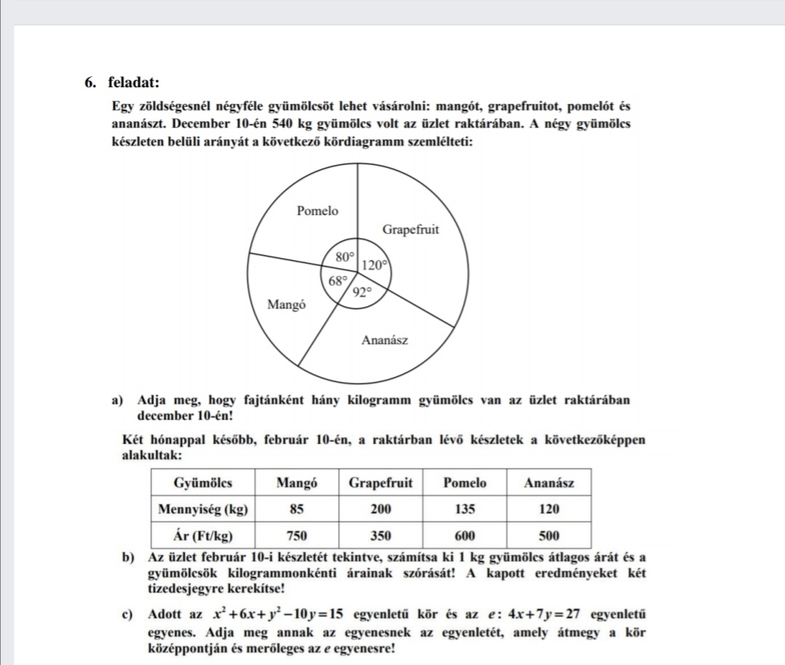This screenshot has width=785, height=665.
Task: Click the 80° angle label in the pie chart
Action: (x=345, y=256)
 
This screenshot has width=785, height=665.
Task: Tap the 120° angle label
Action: (x=374, y=266)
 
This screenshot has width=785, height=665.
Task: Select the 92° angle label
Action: (x=362, y=293)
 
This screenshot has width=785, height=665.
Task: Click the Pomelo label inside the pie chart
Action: (x=318, y=211)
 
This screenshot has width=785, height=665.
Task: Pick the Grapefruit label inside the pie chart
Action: (x=411, y=230)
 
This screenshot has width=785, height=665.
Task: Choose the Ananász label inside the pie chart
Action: (x=385, y=340)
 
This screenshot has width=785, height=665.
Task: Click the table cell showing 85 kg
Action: (x=296, y=509)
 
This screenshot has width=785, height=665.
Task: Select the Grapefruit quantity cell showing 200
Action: (x=381, y=509)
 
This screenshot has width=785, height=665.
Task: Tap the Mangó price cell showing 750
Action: (x=296, y=537)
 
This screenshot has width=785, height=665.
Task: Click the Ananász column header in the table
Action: (x=549, y=482)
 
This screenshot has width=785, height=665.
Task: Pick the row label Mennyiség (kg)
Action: (x=203, y=509)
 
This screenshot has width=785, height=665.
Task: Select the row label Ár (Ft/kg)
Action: (x=203, y=537)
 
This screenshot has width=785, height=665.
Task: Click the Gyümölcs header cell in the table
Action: (x=203, y=482)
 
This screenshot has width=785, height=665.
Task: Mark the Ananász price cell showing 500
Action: (x=549, y=537)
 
